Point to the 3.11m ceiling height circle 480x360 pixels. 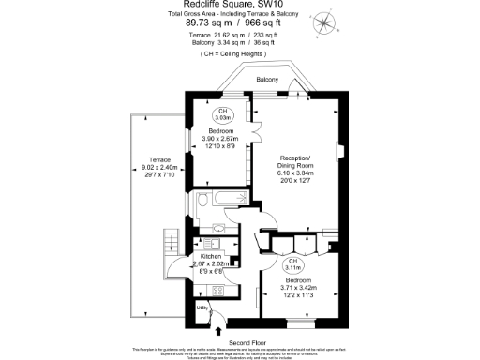[292, 264]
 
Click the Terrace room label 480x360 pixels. [146, 159]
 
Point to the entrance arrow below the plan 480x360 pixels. [217, 329]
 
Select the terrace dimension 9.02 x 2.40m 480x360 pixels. [146, 168]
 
